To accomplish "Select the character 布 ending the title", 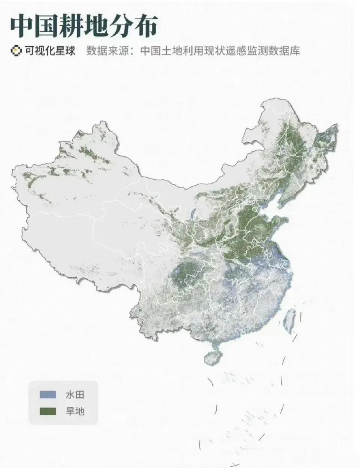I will point(145,26).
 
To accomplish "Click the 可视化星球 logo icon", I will point(15,50).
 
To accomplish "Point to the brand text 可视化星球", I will point(50,50).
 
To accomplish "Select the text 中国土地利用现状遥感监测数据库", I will point(220,50).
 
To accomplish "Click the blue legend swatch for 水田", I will point(48,395).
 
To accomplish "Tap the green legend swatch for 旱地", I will point(48,411).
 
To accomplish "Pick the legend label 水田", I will point(75,395).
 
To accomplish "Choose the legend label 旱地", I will point(75,411).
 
